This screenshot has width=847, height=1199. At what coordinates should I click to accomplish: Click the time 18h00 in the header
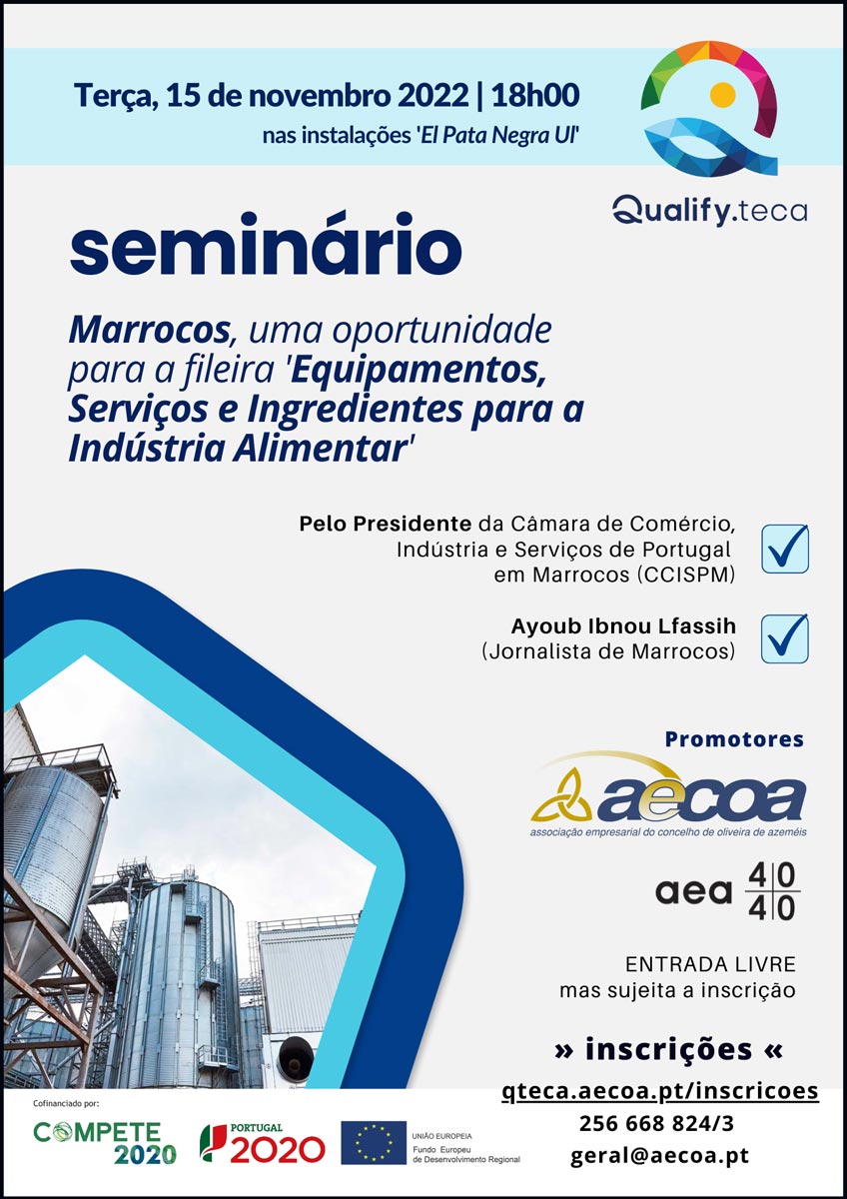point(535,96)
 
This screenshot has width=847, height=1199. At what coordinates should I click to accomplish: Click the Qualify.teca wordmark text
point(709,211)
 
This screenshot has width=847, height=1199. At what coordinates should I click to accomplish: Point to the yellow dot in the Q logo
point(722,95)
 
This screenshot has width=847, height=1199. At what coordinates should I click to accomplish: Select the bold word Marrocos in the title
point(149,331)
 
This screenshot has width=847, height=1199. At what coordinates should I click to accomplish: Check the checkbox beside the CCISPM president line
point(785,549)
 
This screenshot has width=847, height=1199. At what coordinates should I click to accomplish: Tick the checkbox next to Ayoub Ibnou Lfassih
point(785,638)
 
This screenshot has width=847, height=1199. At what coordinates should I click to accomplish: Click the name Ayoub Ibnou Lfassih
point(623,626)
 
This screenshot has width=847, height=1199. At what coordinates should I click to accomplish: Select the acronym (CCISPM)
point(686,575)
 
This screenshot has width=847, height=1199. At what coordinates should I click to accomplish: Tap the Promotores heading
point(734,739)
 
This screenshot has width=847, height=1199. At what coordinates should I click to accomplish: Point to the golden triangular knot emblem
point(561,796)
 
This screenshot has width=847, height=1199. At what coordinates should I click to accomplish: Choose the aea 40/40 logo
point(728,891)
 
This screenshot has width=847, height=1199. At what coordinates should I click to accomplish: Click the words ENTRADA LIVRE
point(710,964)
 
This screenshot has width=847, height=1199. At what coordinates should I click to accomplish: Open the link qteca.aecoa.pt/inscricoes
point(660,1091)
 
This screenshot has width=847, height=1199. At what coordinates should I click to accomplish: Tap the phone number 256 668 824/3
point(656,1123)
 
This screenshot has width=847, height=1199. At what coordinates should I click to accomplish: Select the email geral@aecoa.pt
point(660,1156)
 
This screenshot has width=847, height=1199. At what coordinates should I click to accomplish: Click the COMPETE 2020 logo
point(105,1143)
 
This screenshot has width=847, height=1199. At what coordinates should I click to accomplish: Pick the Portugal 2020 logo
point(262,1143)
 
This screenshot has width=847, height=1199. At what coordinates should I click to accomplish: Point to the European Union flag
point(374,1143)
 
